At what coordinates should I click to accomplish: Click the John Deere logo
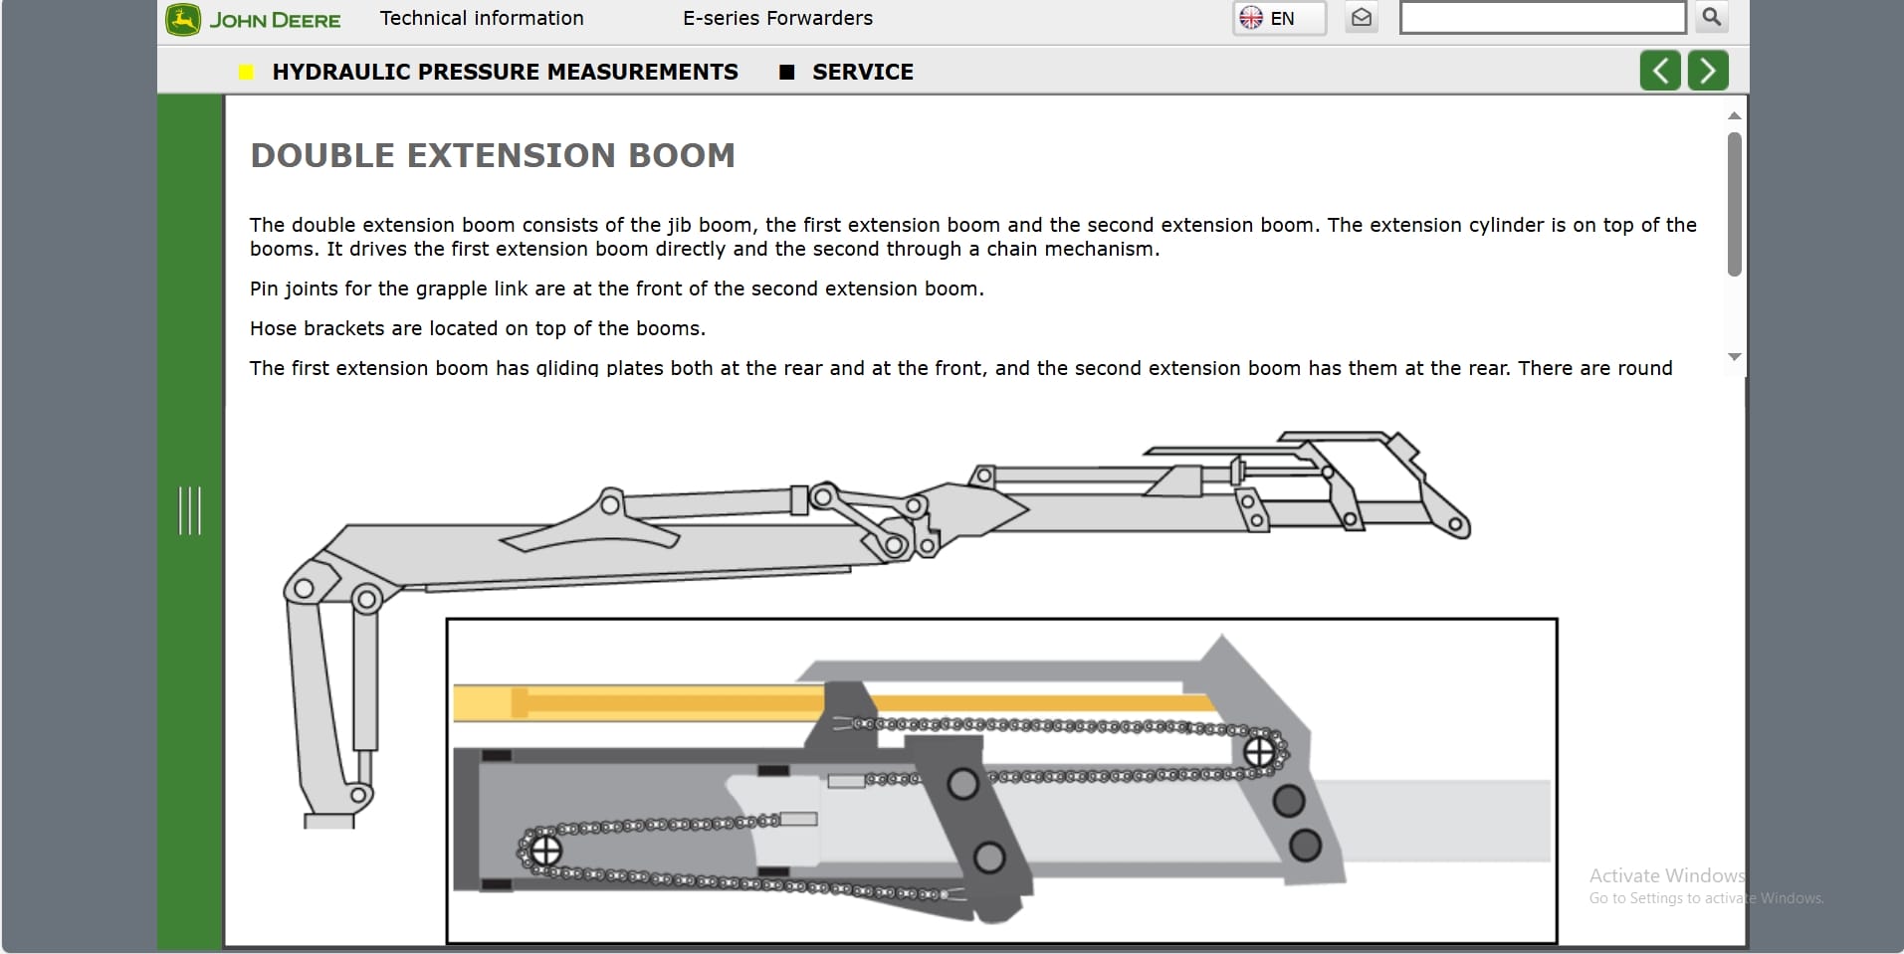click(253, 20)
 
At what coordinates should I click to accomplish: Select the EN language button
click(1279, 18)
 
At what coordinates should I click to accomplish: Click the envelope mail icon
click(1361, 18)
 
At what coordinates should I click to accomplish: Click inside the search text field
click(1542, 18)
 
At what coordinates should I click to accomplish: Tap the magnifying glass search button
click(1711, 17)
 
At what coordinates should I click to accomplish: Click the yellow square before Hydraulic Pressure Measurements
click(246, 72)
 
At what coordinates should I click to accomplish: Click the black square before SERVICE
click(786, 72)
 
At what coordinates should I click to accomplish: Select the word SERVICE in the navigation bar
click(862, 72)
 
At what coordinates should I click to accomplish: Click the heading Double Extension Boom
click(493, 155)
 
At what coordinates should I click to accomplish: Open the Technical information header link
click(482, 18)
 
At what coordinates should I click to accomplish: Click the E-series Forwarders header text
click(777, 18)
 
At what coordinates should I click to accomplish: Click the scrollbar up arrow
click(1734, 116)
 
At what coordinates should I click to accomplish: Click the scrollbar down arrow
click(1734, 356)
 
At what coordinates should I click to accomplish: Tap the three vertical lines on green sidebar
click(189, 510)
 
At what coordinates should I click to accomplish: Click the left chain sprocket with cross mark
click(544, 851)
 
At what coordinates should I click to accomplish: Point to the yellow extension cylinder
click(637, 702)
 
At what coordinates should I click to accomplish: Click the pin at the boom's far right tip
click(1457, 524)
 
